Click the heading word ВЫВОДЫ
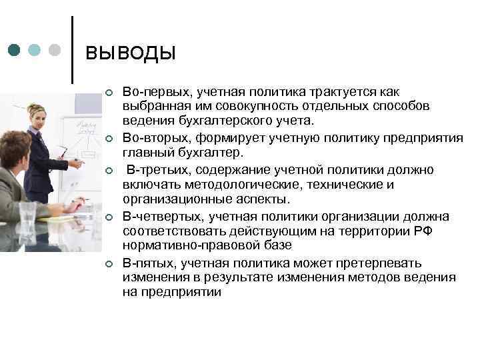(131, 53)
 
